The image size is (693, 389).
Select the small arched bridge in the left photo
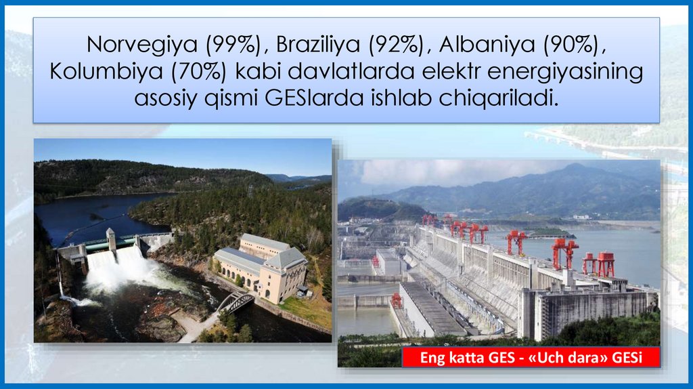(x=235, y=302)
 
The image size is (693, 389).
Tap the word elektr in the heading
(x=449, y=72)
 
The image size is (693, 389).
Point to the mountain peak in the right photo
(x=575, y=167)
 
